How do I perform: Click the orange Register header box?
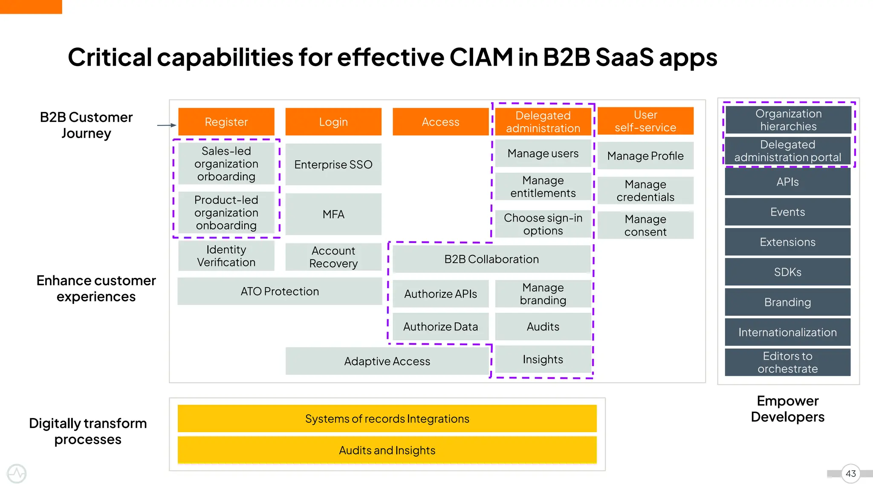(x=226, y=122)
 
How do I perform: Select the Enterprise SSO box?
(x=333, y=165)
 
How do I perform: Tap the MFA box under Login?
(x=333, y=214)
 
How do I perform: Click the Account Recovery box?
(x=333, y=257)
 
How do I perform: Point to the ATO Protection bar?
(x=280, y=292)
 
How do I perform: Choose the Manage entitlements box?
(x=543, y=187)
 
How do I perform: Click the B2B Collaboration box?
(x=491, y=259)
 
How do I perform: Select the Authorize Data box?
(x=440, y=326)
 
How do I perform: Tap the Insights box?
(x=543, y=359)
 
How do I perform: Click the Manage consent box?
(x=645, y=225)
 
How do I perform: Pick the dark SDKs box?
(x=787, y=272)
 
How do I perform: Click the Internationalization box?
(x=787, y=332)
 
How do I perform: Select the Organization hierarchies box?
(x=788, y=120)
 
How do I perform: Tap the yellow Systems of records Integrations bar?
(x=387, y=419)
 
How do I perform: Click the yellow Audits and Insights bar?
(x=387, y=450)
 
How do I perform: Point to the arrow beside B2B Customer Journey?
(x=167, y=125)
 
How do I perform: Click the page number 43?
(x=850, y=474)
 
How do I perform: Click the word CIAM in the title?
(x=481, y=57)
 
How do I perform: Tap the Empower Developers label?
(x=787, y=409)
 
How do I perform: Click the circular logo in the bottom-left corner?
(x=17, y=474)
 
